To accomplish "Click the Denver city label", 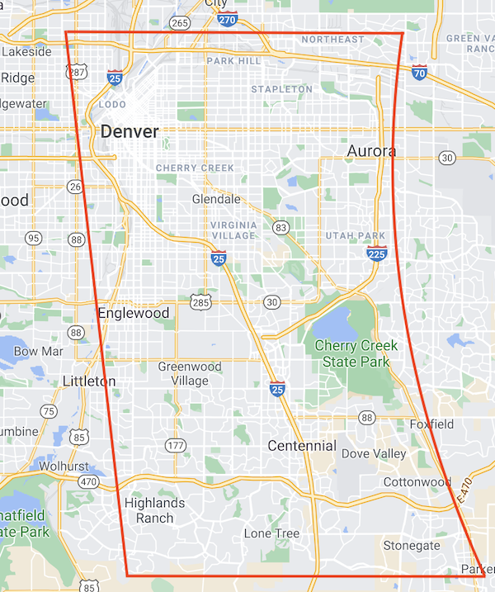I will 130,131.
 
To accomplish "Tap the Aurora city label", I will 371,151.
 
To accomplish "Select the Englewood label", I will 133,313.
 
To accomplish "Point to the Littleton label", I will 89,381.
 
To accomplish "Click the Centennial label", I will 302,446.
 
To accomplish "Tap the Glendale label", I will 216,199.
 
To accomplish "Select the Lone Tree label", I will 271,533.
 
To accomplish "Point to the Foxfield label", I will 432,424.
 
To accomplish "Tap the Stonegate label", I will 411,546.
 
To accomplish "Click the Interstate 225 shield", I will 376,253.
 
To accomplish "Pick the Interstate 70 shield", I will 420,73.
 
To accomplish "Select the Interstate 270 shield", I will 229,18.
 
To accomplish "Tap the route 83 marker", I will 281,227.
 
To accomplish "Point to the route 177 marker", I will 174,446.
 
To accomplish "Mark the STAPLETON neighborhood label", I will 281,89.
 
